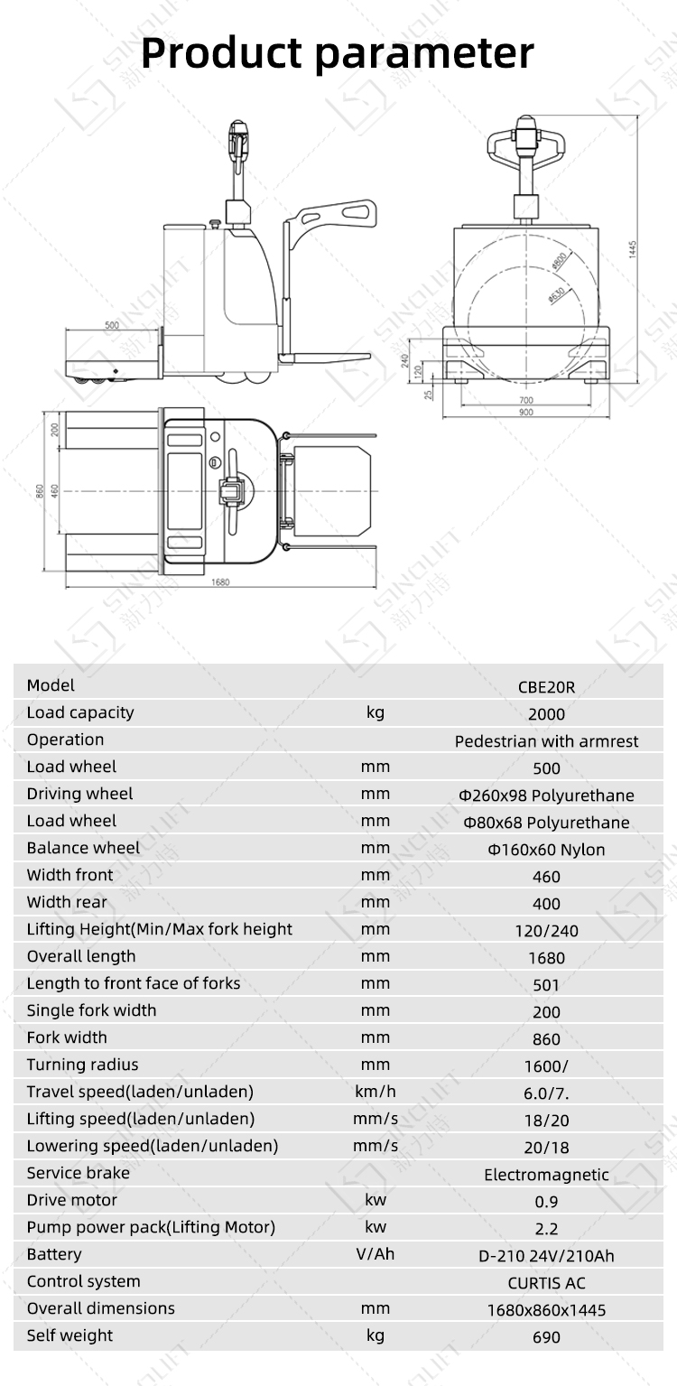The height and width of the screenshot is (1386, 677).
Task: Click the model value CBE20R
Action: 546,687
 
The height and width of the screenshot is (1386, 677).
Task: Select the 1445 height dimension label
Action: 633,249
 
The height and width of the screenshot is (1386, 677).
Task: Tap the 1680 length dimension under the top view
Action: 220,581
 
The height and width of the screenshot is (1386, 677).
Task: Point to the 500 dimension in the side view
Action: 112,325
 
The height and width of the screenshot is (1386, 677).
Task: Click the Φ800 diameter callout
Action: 559,260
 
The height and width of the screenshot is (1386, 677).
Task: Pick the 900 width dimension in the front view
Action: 526,412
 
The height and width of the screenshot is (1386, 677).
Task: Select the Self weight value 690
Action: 546,1337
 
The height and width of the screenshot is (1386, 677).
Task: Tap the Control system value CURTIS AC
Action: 546,1283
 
